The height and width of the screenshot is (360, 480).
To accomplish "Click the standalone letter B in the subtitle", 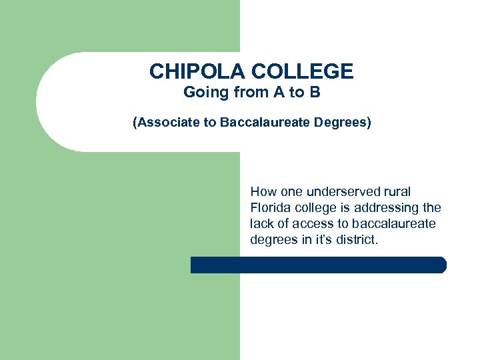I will [315, 93].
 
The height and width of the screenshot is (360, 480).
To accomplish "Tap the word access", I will [310, 224].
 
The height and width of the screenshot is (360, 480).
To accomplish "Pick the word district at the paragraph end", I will [357, 240].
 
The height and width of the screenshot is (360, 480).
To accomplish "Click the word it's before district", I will [325, 240].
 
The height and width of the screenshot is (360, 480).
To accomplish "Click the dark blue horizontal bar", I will [318, 265].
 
